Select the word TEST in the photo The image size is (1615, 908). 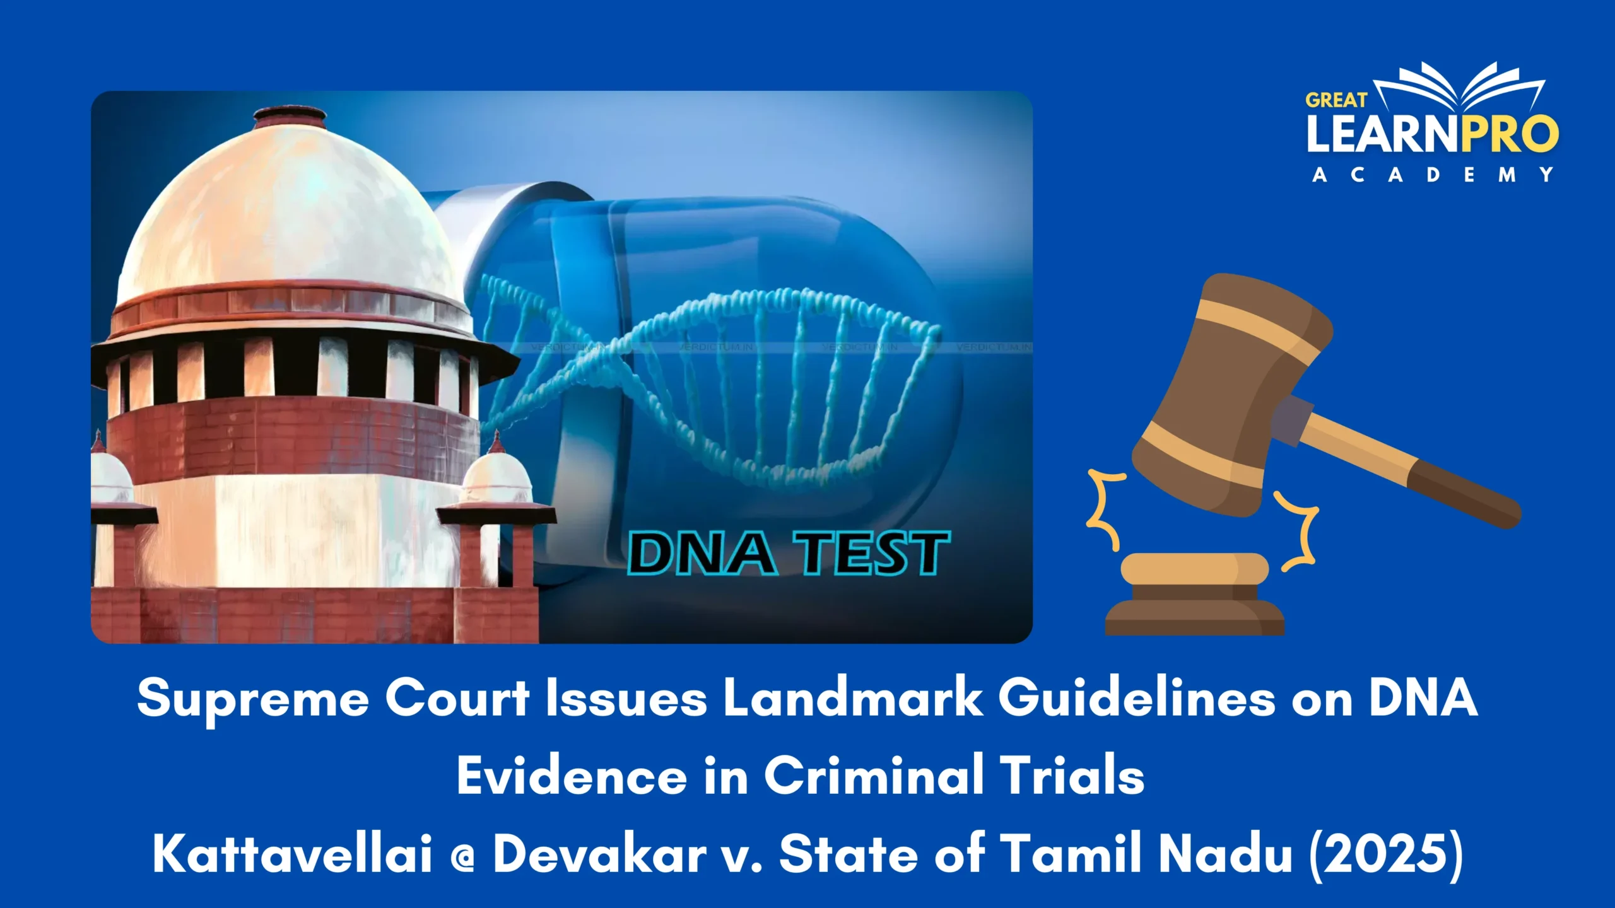871,553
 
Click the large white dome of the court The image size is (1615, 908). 290,214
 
